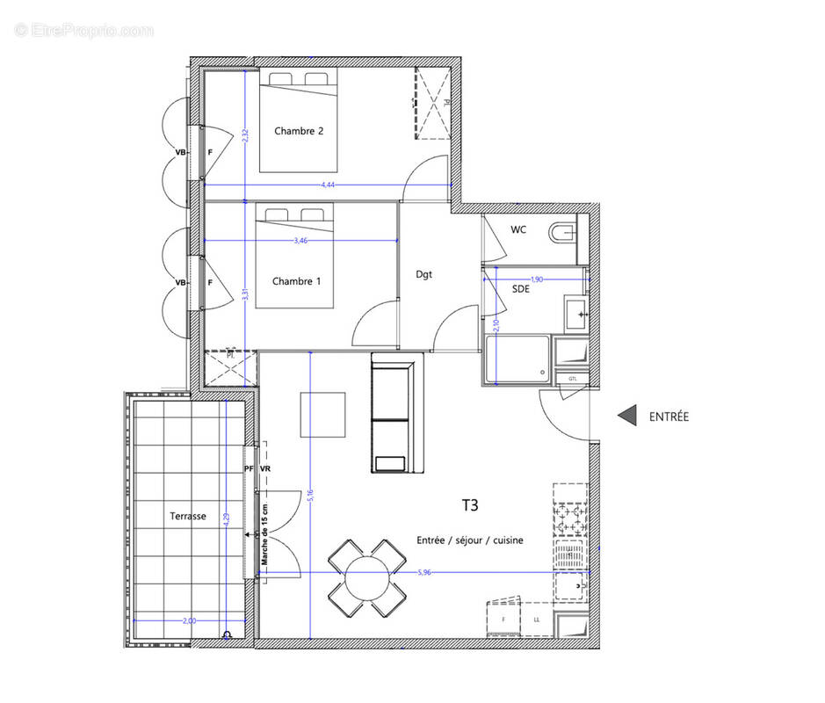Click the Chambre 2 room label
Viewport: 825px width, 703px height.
[x=299, y=131]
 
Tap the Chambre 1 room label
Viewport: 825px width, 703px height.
[x=296, y=281]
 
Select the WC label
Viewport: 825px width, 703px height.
[x=518, y=230]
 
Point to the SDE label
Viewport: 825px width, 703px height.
[x=520, y=288]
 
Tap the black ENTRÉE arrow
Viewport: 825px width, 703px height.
[x=626, y=416]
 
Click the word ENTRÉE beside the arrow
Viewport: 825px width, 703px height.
[x=669, y=417]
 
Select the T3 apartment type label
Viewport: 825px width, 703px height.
[x=471, y=505]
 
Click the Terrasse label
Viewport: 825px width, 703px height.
[x=188, y=516]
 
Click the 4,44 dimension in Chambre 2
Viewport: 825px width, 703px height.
[x=328, y=185]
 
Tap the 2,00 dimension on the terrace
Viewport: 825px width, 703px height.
[x=189, y=620]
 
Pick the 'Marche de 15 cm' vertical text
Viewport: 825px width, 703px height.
[x=264, y=532]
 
